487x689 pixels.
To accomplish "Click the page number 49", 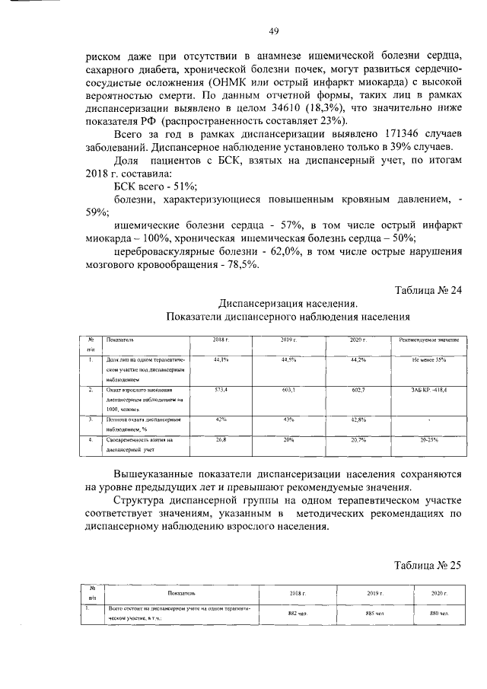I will pos(274,31).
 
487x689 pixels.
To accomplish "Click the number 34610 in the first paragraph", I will pos(267,109).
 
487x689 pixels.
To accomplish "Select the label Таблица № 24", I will pos(428,289).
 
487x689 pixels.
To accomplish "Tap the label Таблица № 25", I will pos(428,565).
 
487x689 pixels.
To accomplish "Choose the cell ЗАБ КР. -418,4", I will pos(429,389).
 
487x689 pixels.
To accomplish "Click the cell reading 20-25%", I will pos(429,439).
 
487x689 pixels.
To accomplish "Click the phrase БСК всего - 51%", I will pos(155,187).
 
